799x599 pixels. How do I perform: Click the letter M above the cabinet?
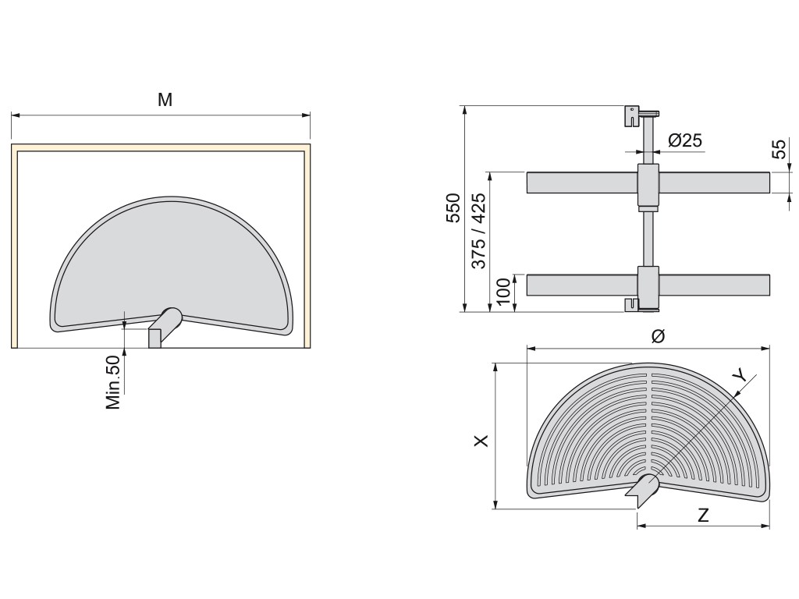tap(165, 100)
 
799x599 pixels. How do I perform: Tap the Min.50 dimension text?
tap(114, 382)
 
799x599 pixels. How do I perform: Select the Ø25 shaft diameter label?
tap(685, 140)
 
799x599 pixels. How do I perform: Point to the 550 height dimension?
tap(453, 207)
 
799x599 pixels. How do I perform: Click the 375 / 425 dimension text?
tap(478, 230)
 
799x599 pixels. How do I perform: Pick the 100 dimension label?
tap(503, 292)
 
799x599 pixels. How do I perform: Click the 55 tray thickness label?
tap(779, 149)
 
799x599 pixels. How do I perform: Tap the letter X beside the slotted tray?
tap(481, 441)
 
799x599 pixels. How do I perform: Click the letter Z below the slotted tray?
tap(703, 516)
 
